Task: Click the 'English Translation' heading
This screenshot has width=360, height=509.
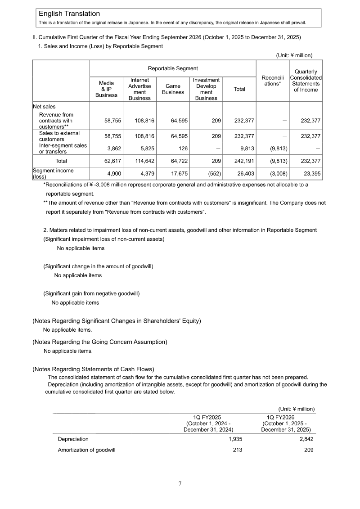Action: click(69, 14)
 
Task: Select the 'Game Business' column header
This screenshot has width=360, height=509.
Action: click(173, 89)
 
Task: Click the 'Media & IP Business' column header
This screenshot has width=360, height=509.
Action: click(106, 89)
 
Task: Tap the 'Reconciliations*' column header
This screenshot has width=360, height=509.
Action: click(272, 81)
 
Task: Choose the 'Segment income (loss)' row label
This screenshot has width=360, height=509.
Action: click(53, 174)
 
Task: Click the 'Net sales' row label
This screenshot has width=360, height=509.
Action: click(44, 107)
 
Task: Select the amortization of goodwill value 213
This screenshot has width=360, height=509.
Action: click(237, 450)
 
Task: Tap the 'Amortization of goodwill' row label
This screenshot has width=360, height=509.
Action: click(86, 450)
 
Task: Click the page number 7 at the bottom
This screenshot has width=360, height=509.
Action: click(180, 483)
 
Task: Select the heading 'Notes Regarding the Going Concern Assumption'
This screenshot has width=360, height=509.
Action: click(99, 342)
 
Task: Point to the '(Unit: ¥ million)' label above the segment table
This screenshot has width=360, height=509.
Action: click(294, 55)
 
